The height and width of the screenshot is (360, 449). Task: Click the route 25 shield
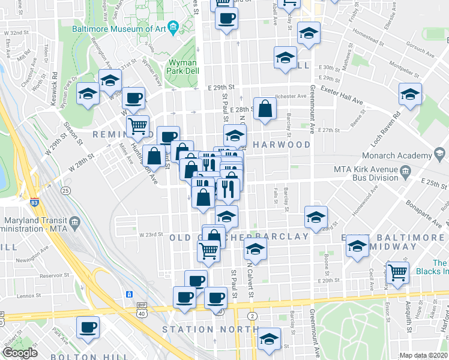pos(65,190)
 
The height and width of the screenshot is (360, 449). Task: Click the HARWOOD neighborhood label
pos(282,145)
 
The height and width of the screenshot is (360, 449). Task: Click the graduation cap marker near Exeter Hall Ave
pos(411,94)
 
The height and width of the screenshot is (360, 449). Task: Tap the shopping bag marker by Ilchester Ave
pos(265,109)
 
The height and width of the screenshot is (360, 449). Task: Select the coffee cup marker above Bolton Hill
pos(89,328)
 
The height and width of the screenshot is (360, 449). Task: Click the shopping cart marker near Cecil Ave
pos(397,272)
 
